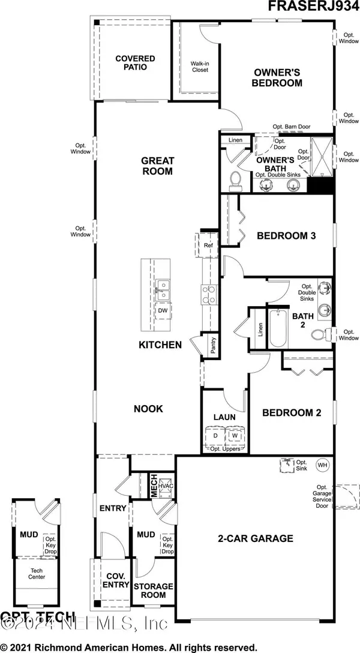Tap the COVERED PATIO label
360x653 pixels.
(136, 63)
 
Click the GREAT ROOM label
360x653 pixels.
(157, 166)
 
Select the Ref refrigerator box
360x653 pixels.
(208, 245)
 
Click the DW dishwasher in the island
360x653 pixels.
(162, 311)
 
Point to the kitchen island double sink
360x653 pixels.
(162, 289)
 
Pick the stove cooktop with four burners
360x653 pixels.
(208, 294)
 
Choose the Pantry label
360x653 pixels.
(212, 345)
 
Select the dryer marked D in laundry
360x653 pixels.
(212, 436)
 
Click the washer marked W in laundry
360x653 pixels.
(235, 436)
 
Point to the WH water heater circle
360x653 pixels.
(322, 465)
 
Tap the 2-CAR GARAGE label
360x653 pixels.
(255, 538)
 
